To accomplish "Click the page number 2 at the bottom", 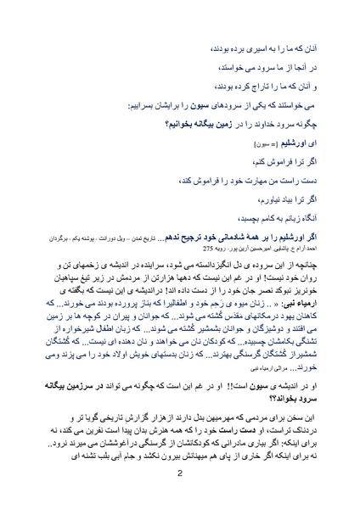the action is click(x=180, y=475).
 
